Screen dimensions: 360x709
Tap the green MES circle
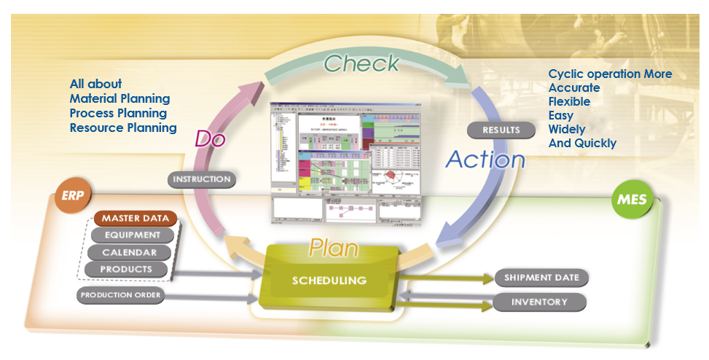click(631, 199)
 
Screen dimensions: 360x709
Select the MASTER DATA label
click(135, 218)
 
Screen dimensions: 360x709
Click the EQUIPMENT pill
click(132, 235)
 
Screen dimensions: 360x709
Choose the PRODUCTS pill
click(127, 269)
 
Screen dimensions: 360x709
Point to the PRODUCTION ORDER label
click(120, 295)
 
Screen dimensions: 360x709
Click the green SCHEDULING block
click(329, 280)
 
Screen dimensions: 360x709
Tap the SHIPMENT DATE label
click(541, 278)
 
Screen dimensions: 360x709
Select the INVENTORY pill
click(539, 302)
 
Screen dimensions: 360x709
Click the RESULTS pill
click(501, 130)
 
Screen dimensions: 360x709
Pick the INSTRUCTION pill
click(202, 179)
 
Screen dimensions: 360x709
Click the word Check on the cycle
click(361, 63)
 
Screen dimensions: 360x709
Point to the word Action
click(485, 159)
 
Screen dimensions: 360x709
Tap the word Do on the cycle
click(211, 138)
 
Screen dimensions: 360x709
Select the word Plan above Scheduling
click(334, 247)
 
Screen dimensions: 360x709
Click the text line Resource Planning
click(123, 128)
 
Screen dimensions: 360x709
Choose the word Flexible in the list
click(569, 101)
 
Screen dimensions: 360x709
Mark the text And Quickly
click(582, 143)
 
